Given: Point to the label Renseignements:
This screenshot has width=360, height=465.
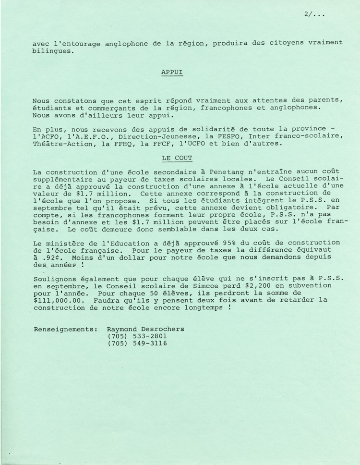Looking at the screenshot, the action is click(x=65, y=329).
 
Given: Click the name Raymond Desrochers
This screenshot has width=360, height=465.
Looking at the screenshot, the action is click(x=145, y=329).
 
